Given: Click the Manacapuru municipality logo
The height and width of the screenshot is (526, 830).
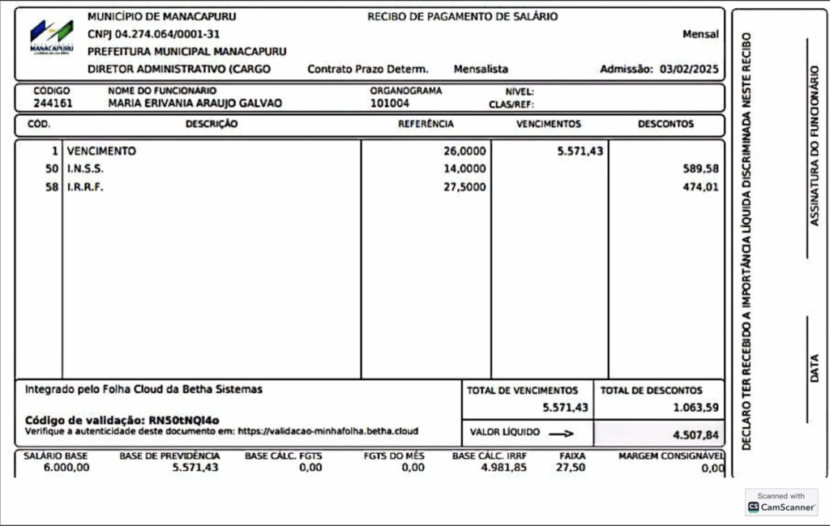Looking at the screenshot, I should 50,36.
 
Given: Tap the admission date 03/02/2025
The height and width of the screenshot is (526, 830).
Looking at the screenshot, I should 689,70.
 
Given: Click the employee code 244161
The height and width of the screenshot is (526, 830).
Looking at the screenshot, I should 52,104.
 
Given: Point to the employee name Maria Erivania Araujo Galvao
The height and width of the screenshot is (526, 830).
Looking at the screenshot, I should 195,104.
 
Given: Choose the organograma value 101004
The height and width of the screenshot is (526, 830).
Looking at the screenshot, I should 390,104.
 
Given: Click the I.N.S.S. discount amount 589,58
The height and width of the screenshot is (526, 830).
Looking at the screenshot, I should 701,169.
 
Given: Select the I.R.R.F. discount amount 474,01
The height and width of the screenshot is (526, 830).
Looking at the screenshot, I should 701,187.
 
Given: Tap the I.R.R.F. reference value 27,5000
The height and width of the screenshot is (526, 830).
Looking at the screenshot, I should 464,187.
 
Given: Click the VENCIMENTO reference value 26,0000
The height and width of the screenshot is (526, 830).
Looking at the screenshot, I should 464,152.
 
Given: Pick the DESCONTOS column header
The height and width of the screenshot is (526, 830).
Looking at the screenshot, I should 665,125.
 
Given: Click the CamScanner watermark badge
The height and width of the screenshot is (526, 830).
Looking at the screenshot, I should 781,502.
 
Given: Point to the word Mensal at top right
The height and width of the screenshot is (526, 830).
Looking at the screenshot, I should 700,34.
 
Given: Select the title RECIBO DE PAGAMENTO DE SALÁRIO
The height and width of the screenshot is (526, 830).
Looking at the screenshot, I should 462,16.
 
